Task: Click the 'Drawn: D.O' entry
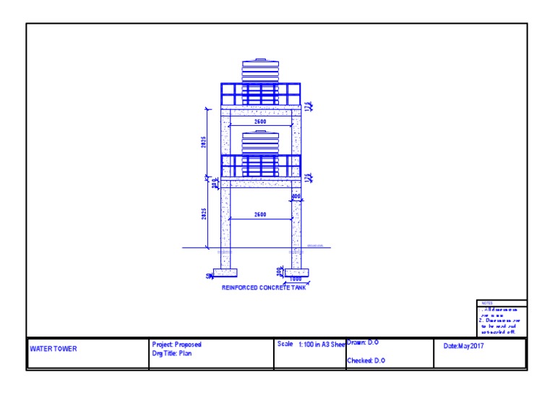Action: tap(363, 342)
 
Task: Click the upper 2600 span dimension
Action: tap(259, 122)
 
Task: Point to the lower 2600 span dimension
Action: tap(259, 214)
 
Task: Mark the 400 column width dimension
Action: tap(296, 197)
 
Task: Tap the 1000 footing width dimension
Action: tap(296, 278)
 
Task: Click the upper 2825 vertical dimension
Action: tap(204, 142)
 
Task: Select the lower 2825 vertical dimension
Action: tap(204, 216)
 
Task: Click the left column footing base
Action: tap(225, 273)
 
